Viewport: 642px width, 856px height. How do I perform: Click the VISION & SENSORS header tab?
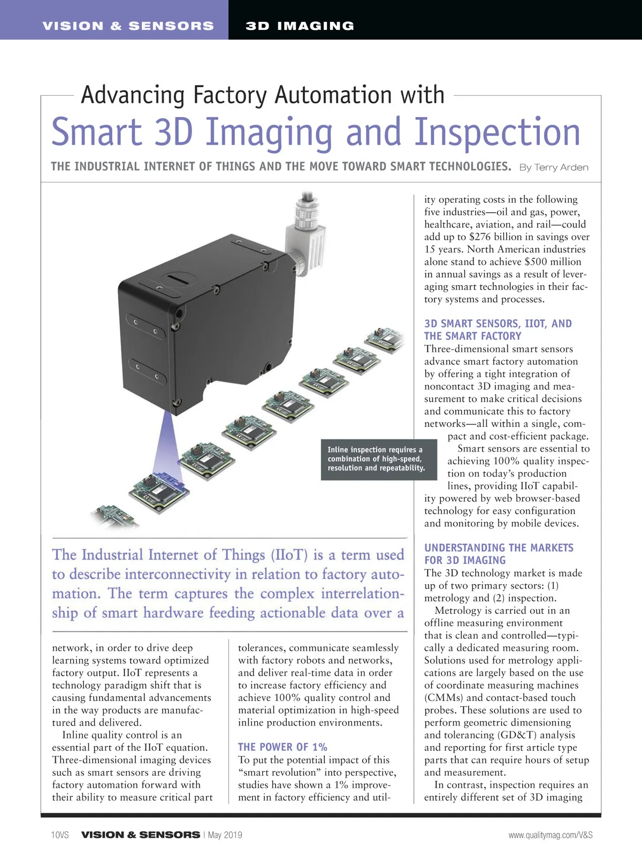pos(128,26)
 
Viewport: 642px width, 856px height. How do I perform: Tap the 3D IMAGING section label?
pos(300,26)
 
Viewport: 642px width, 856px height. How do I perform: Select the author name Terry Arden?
pos(561,167)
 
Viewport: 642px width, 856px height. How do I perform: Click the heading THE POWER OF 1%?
pos(282,747)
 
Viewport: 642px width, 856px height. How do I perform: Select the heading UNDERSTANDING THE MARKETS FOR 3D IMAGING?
pos(499,554)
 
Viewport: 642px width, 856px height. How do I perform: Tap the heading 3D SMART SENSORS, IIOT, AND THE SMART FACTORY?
pos(498,330)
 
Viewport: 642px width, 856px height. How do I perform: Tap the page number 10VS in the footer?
pos(60,835)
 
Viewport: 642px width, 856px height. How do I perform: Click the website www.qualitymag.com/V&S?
pos(551,835)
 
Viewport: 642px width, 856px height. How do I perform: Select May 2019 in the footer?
pos(225,835)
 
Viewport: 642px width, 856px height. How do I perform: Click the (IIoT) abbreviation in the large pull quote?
pos(290,555)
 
